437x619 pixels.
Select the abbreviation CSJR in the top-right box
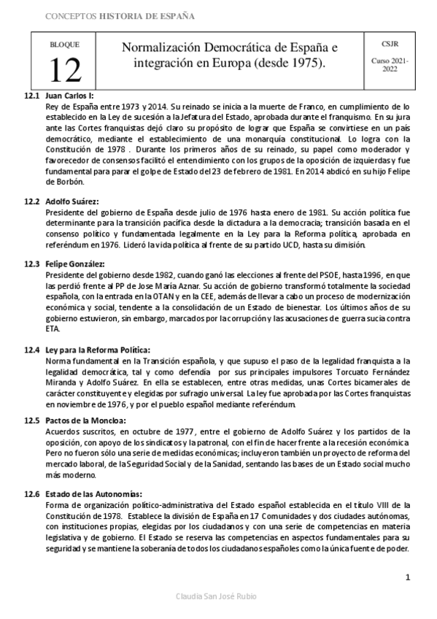tap(390, 45)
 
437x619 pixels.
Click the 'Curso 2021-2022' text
tap(390, 65)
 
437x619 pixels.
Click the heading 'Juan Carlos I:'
tap(69, 96)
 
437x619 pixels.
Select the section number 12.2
tap(31, 201)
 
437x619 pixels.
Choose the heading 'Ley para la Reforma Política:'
tap(97, 350)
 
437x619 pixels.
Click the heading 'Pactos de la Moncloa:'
tap(85, 420)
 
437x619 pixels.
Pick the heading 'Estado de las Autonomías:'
tap(93, 493)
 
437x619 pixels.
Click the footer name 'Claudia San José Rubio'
tap(218, 597)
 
